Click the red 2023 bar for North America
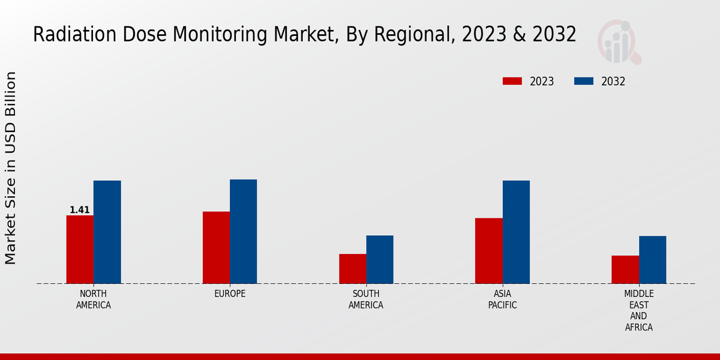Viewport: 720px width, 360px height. tap(80, 249)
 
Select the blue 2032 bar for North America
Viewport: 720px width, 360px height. tap(107, 232)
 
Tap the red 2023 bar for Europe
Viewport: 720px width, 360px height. tap(216, 247)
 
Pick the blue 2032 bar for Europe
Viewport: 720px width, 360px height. tap(243, 231)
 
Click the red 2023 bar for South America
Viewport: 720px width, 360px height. tap(352, 268)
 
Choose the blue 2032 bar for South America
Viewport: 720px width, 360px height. tap(380, 259)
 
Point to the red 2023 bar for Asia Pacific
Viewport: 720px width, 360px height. tap(488, 250)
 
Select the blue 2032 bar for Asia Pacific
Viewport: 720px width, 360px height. tap(516, 232)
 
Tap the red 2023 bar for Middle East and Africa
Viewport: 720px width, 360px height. tap(625, 269)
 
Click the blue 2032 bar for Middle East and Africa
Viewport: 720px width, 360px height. tap(652, 259)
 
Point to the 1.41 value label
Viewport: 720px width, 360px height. tap(80, 210)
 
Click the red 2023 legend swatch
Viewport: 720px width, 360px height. tap(512, 82)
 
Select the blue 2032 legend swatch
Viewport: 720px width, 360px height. tap(584, 82)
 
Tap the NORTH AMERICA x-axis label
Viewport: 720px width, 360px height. tap(94, 299)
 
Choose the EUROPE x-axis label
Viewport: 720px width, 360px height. tap(230, 294)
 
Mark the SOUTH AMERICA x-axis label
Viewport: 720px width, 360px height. tap(366, 299)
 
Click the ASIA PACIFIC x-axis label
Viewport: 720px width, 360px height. tap(502, 299)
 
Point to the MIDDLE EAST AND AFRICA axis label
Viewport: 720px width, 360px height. tap(638, 311)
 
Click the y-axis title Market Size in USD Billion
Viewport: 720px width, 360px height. tap(11, 168)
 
